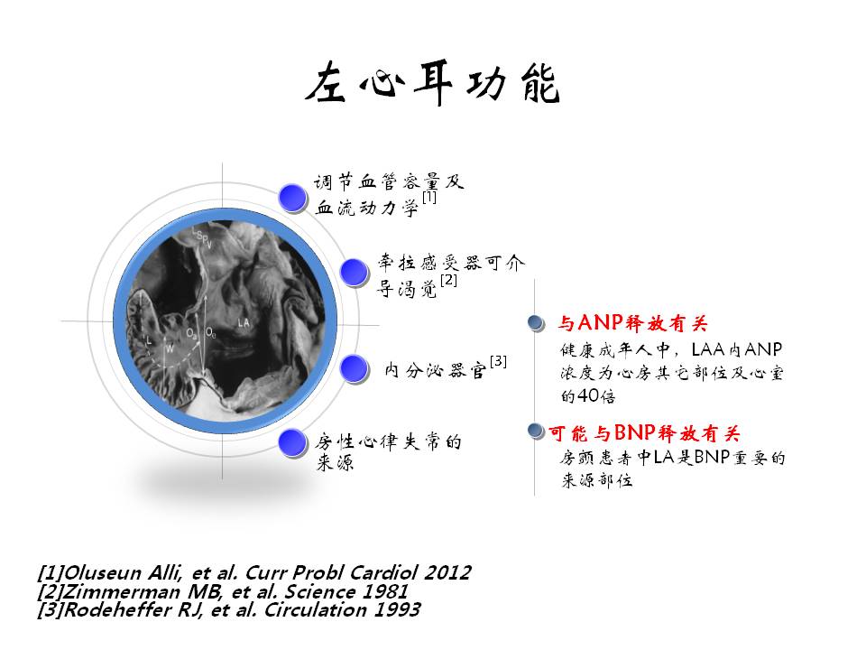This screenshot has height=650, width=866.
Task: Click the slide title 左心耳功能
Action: click(432, 83)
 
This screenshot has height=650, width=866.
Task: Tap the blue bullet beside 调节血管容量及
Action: click(292, 198)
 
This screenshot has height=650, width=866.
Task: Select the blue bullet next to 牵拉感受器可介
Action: click(354, 272)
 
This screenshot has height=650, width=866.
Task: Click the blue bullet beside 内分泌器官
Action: click(354, 368)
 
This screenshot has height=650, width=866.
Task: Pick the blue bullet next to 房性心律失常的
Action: click(292, 442)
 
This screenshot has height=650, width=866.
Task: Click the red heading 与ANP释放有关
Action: click(632, 322)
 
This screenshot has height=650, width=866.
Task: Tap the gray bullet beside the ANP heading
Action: click(536, 323)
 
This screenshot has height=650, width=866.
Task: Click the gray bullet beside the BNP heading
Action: click(536, 431)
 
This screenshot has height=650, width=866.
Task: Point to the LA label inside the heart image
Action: click(244, 322)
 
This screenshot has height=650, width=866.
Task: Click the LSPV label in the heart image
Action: click(202, 237)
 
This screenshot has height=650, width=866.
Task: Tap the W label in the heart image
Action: click(170, 348)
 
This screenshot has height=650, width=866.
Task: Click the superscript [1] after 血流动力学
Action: click(429, 197)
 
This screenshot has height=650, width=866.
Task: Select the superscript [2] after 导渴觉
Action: click(448, 280)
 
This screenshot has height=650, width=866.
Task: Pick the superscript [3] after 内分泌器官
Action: click(498, 361)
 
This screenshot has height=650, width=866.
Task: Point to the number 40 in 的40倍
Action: click(588, 395)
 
